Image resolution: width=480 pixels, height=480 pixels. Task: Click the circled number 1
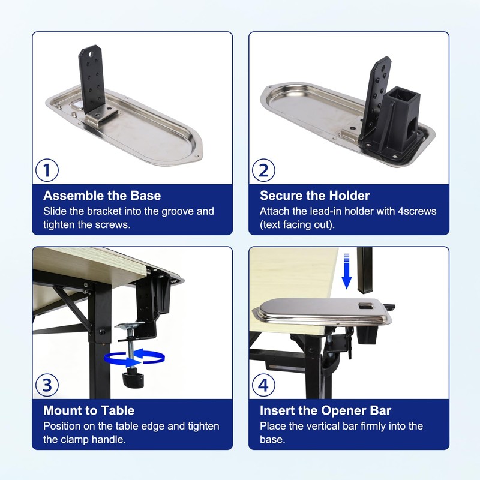pyautogui.click(x=47, y=170)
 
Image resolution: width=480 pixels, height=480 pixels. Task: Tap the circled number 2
pyautogui.click(x=263, y=170)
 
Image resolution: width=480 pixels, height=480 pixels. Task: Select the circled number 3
pyautogui.click(x=47, y=385)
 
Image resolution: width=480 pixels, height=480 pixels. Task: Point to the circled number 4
pyautogui.click(x=263, y=385)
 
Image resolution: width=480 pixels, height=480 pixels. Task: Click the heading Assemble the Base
pyautogui.click(x=102, y=196)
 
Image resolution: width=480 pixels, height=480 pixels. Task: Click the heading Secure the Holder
pyautogui.click(x=314, y=196)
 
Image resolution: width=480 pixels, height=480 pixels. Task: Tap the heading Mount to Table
pyautogui.click(x=89, y=410)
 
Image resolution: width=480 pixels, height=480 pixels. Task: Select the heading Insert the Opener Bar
pyautogui.click(x=325, y=410)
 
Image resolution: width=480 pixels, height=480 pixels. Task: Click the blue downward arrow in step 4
pyautogui.click(x=347, y=271)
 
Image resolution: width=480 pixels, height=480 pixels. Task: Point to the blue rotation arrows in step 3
pyautogui.click(x=134, y=358)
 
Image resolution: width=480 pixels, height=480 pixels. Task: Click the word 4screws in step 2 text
pyautogui.click(x=417, y=211)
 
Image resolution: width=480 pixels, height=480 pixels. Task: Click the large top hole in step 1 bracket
pyautogui.click(x=91, y=54)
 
